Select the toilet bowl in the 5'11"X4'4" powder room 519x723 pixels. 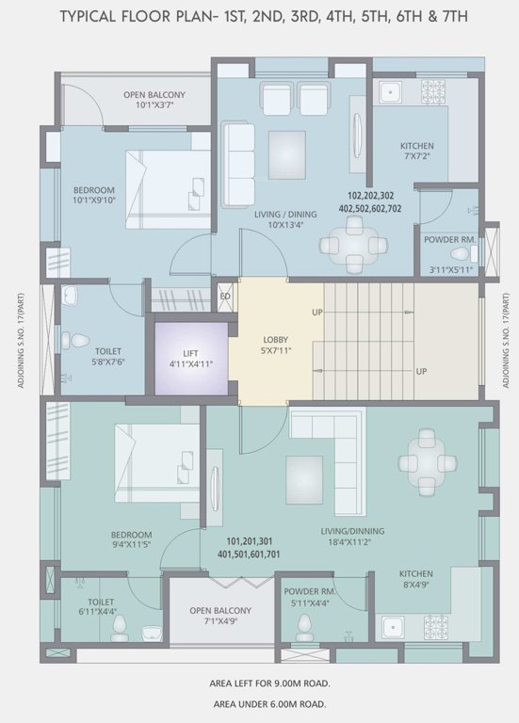tap(303, 624)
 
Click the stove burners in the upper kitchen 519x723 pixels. tap(432, 91)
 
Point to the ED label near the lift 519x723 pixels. tap(225, 297)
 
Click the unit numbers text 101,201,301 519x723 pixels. tap(251, 541)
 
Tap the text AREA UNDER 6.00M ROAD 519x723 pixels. tap(269, 703)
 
